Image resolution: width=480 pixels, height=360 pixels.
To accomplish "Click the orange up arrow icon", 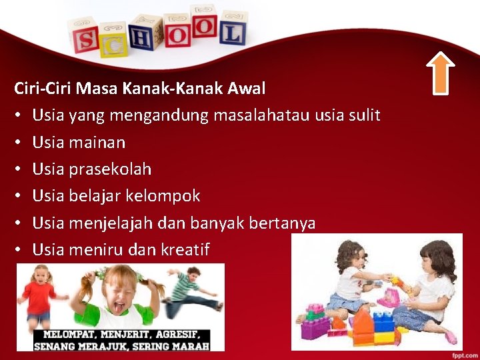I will [440, 73].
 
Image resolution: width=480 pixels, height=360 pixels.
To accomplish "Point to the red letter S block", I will [86, 39].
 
